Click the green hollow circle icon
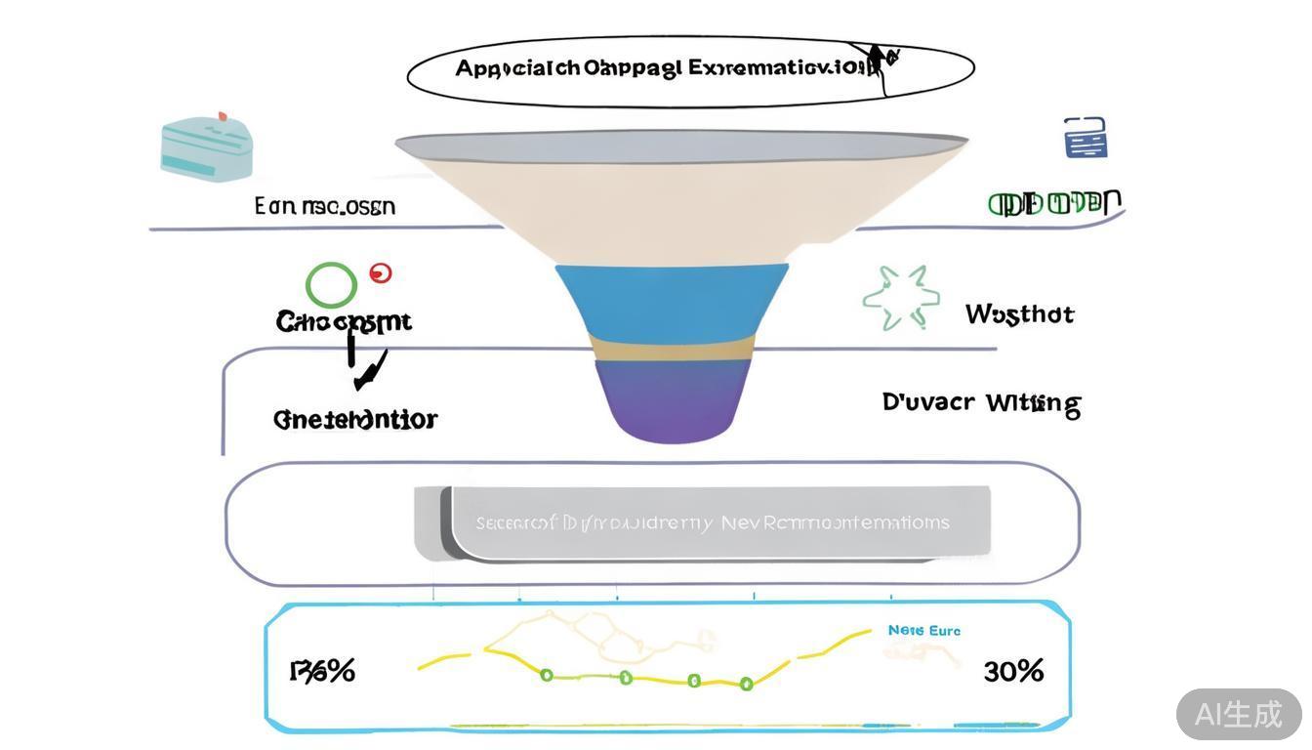(x=332, y=285)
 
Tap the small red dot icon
(x=381, y=273)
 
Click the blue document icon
(x=1086, y=138)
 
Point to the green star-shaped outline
(x=901, y=298)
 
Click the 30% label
(x=1013, y=671)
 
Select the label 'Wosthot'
(x=1019, y=314)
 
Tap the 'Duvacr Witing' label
(x=981, y=403)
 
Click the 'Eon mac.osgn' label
(x=325, y=206)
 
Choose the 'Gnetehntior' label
(x=355, y=419)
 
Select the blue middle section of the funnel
(x=672, y=298)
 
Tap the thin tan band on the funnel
(x=672, y=348)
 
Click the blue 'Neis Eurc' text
(x=923, y=631)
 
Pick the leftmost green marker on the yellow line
(x=547, y=675)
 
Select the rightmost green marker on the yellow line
(x=747, y=684)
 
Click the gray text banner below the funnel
(x=713, y=523)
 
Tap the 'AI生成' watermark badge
(x=1238, y=714)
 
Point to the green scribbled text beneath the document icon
(x=1054, y=203)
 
